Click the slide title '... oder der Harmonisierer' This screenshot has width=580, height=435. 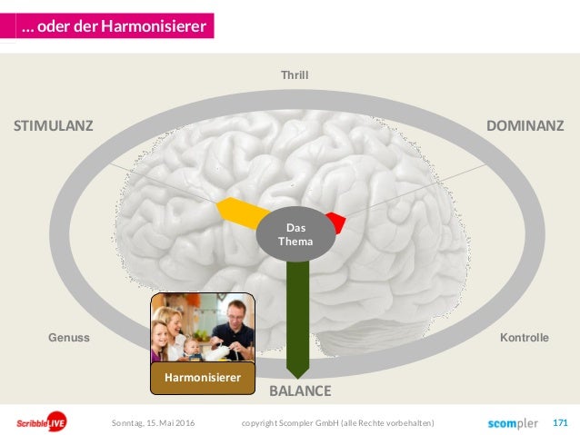point(115,26)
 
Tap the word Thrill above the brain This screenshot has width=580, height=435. point(295,75)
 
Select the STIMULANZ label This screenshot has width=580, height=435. point(53,125)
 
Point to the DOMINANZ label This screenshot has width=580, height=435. point(525,125)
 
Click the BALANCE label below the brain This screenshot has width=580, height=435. point(300,391)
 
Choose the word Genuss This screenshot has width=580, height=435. point(68,338)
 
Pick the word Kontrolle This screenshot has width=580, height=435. point(525,338)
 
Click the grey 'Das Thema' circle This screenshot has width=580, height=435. point(295,236)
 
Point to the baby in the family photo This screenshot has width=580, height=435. point(193,347)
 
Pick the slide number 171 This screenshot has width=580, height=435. point(560,423)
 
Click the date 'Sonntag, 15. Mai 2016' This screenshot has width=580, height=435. point(153,423)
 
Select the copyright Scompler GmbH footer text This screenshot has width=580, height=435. point(338,423)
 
